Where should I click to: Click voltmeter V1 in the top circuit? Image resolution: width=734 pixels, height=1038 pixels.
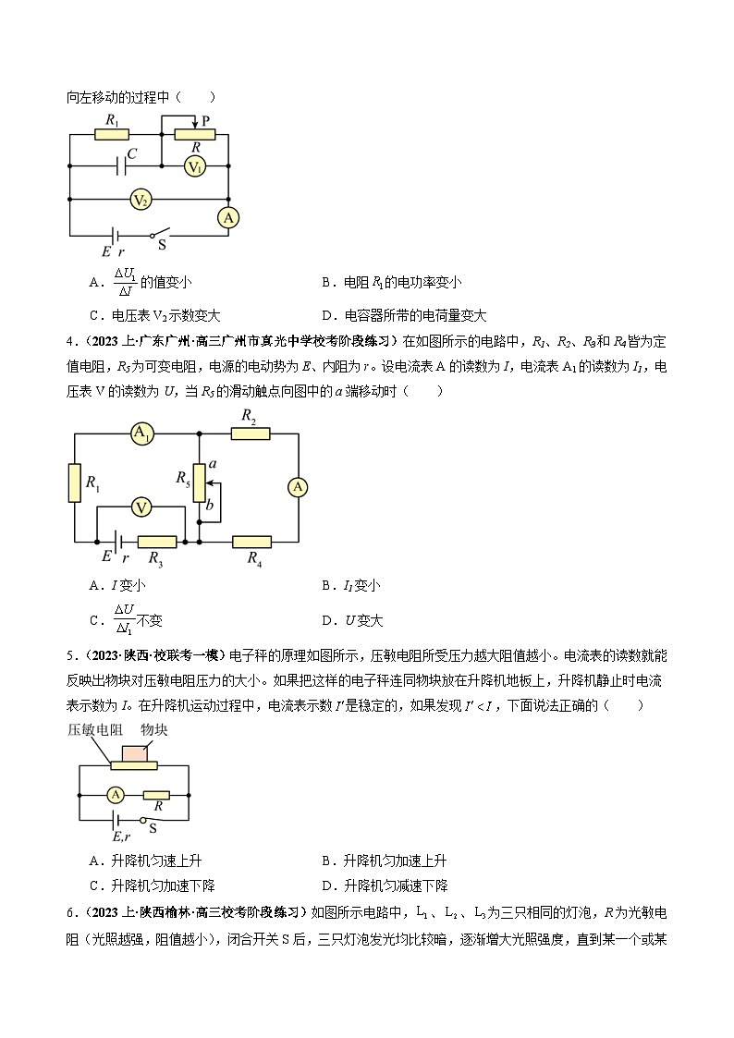[194, 166]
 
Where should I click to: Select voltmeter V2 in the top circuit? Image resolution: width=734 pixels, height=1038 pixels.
[141, 200]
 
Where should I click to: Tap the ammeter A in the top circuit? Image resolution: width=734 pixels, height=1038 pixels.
[227, 218]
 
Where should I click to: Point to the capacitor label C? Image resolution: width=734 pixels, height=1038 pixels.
[132, 154]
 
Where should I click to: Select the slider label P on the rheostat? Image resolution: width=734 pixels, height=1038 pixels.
[205, 120]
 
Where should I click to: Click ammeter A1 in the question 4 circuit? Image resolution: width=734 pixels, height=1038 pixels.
[141, 434]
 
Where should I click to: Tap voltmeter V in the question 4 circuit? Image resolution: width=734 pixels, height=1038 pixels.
[141, 507]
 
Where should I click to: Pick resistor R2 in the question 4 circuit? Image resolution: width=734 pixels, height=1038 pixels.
[249, 433]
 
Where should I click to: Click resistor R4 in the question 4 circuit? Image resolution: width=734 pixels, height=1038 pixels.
[251, 542]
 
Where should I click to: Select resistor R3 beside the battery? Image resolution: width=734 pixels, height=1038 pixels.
[156, 542]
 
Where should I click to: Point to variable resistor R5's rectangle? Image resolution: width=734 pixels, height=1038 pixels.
[198, 483]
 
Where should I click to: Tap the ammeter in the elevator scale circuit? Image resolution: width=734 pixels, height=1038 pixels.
[116, 794]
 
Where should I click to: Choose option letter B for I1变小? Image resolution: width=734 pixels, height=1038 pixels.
[327, 585]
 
